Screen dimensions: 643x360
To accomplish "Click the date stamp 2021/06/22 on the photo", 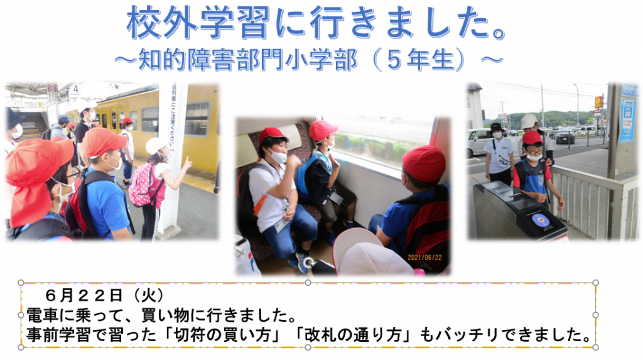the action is tap(424, 258).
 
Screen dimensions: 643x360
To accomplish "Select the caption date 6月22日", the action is tap(84, 295).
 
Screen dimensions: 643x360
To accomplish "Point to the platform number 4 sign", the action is tap(75, 89).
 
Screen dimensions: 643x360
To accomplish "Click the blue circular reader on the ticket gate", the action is tap(541, 220).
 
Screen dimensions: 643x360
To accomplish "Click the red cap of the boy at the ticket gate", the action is tap(532, 138).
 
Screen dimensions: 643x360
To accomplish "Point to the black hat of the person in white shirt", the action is tap(497, 127).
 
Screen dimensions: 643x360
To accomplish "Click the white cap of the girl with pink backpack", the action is tap(156, 145).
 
